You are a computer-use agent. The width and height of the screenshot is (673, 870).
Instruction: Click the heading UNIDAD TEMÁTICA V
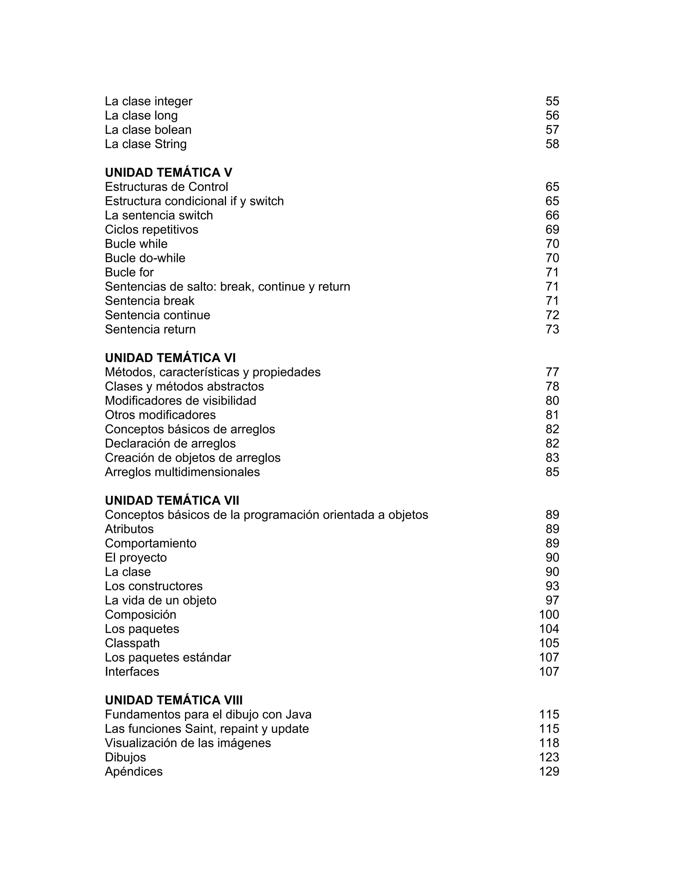pos(168,172)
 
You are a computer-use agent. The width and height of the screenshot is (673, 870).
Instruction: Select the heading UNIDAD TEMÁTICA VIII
pos(174,700)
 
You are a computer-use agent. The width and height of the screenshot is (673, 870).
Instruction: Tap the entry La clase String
pos(146,144)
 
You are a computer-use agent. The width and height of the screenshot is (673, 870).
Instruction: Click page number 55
pos(552,101)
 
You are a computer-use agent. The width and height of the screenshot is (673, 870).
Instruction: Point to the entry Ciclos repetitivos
pos(151,229)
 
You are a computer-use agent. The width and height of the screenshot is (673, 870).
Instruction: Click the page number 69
pos(552,229)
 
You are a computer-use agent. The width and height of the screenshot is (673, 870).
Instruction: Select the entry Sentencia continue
pos(157,315)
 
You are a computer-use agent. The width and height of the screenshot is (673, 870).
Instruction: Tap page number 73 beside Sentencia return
pos(552,329)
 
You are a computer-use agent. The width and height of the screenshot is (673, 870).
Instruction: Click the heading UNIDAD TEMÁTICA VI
pos(170,358)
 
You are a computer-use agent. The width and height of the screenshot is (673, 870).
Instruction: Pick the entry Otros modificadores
pos(160,415)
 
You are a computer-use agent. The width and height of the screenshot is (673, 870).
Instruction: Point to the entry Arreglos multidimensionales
pos(182,472)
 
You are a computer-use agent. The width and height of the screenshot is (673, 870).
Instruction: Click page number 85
pos(552,472)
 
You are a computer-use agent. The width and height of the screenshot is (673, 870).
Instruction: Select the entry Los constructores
pos(153,586)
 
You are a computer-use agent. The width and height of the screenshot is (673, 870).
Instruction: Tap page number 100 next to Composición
pos(549,615)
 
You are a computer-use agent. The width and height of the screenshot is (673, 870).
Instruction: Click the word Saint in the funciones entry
pos(200,729)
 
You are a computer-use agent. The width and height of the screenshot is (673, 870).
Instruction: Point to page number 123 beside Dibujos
pos(549,757)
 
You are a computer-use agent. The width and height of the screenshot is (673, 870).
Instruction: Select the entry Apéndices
pos(133,772)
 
